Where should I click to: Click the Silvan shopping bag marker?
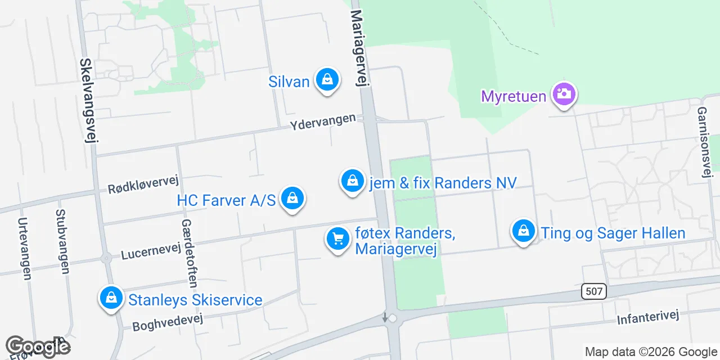coord(327,80)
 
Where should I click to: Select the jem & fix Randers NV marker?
coord(352,182)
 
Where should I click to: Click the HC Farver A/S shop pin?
coord(292,199)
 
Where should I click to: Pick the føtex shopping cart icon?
coord(338,240)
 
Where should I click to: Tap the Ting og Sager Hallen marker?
coord(524,232)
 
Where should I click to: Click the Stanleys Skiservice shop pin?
coord(111,299)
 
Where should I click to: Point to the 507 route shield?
coord(594,291)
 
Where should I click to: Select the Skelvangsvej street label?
coord(88,100)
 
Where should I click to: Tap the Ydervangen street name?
coord(323,121)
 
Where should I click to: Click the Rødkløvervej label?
coord(143,183)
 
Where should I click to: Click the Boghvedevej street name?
coord(167,322)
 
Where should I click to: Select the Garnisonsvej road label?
coord(703,142)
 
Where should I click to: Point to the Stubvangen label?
coord(61,242)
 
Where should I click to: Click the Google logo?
coord(38,347)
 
